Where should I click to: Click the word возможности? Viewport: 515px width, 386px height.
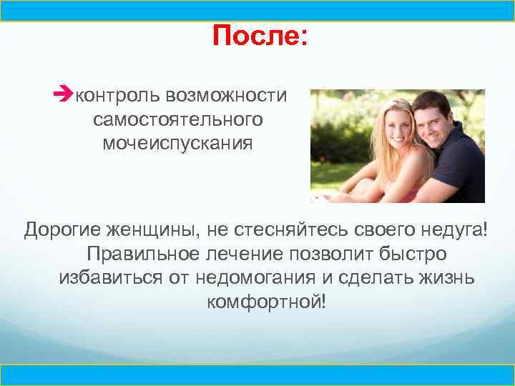tap(226, 95)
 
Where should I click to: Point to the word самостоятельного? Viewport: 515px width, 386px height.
tap(177, 119)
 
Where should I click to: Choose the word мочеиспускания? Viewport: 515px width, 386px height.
tap(177, 143)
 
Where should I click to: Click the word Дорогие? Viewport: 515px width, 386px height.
tap(64, 229)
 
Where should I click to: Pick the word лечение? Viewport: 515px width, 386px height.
tap(247, 253)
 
